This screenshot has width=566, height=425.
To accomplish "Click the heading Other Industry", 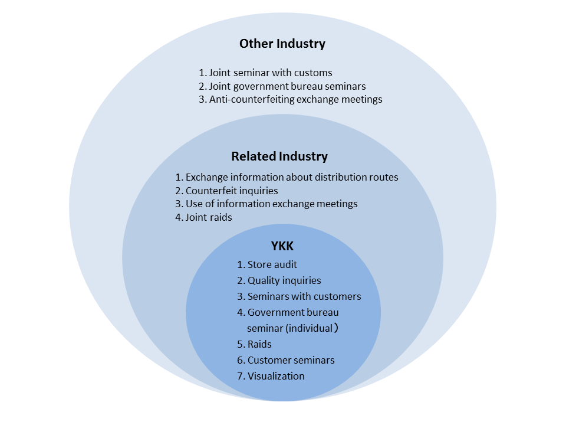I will [x=282, y=44].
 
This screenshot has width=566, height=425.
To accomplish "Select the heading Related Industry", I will [x=279, y=156].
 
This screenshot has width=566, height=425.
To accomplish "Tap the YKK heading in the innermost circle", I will [x=282, y=247].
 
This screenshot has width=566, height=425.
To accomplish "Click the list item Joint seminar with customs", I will [x=265, y=73].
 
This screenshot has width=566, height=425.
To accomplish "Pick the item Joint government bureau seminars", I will [x=282, y=86].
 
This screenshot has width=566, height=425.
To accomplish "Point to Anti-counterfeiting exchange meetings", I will [x=290, y=99].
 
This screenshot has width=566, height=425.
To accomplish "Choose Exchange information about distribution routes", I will [x=287, y=177].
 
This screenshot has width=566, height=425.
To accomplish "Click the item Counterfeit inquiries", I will [x=226, y=191].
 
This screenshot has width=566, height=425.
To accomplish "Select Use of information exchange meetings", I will [x=266, y=204].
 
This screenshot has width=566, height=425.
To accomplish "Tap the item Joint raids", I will [x=203, y=217].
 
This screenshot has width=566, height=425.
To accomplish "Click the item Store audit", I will [x=267, y=264].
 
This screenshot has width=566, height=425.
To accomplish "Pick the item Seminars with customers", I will [x=299, y=296].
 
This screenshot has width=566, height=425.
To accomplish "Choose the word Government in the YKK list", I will [x=276, y=312].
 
